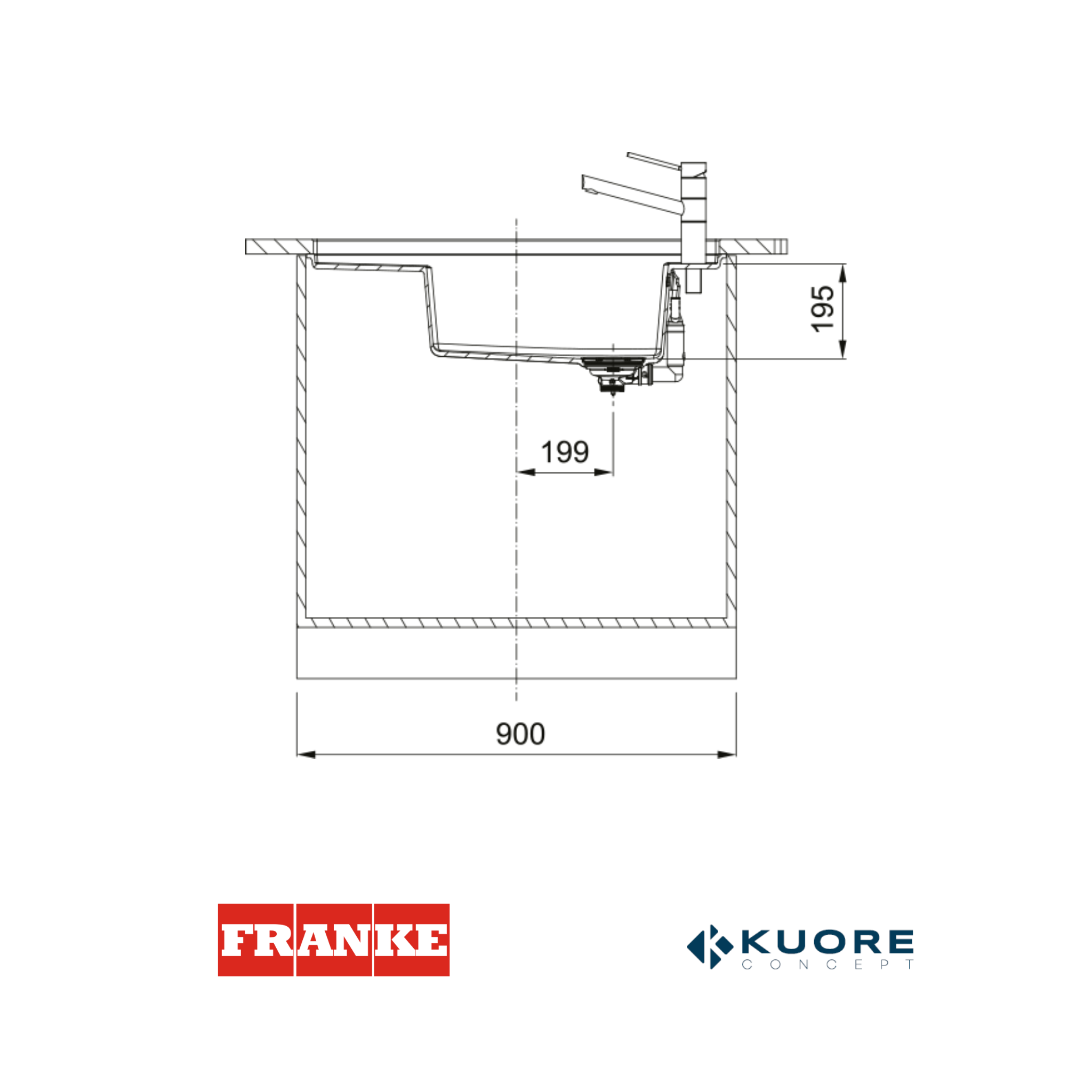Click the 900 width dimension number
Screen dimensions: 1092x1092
tap(520, 734)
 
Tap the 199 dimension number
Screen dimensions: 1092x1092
tap(565, 452)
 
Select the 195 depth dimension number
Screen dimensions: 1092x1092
tap(822, 309)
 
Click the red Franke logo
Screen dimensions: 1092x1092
tap(333, 940)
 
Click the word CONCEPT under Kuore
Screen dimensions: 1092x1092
tap(828, 965)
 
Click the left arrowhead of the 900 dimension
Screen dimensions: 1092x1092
tap(306, 754)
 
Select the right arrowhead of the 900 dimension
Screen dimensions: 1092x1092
tap(727, 754)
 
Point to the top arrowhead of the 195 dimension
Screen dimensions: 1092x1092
tap(843, 273)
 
